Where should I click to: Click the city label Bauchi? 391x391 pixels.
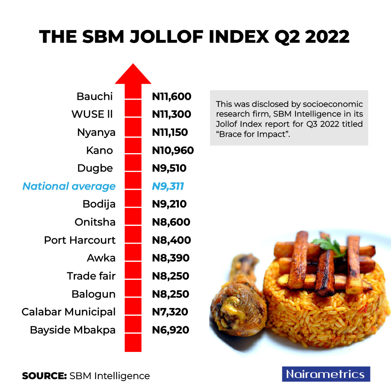[94, 97]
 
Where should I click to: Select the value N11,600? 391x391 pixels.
[172, 97]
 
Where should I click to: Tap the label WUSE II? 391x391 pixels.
[92, 114]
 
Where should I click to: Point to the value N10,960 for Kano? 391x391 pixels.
[173, 150]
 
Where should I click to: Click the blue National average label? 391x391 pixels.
[69, 186]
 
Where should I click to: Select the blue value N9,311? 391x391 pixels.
[168, 186]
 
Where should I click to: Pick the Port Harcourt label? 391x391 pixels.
[80, 240]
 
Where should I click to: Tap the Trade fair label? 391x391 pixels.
[91, 276]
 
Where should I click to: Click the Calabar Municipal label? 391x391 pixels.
[68, 312]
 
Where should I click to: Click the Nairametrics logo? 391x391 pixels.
[326, 374]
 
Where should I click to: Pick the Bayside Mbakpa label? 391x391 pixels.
[73, 330]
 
